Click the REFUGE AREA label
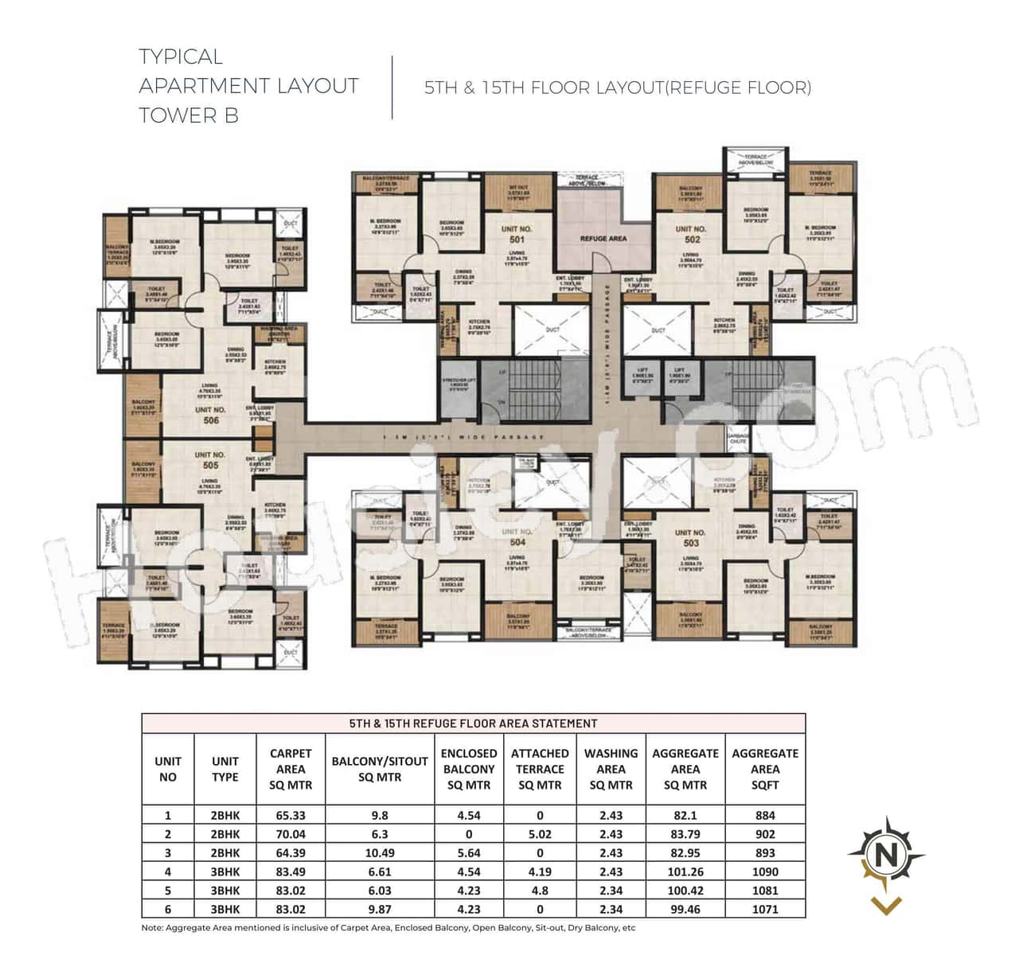tap(603, 238)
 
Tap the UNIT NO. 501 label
tap(517, 234)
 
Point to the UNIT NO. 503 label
tap(689, 537)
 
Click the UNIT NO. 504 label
tap(517, 536)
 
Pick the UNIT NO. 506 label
tap(210, 415)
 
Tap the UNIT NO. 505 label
tap(210, 460)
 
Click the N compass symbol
tap(885, 857)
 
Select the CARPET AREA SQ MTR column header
tap(291, 769)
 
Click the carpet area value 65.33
tap(291, 815)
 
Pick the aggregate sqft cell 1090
tap(764, 871)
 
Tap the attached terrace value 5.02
tap(540, 834)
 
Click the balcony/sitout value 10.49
tap(380, 852)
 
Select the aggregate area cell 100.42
tap(685, 891)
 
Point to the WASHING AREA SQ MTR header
tap(611, 769)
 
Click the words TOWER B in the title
tap(189, 115)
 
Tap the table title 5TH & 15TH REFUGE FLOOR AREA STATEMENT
tap(474, 723)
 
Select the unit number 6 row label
tap(168, 909)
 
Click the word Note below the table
tap(151, 928)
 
